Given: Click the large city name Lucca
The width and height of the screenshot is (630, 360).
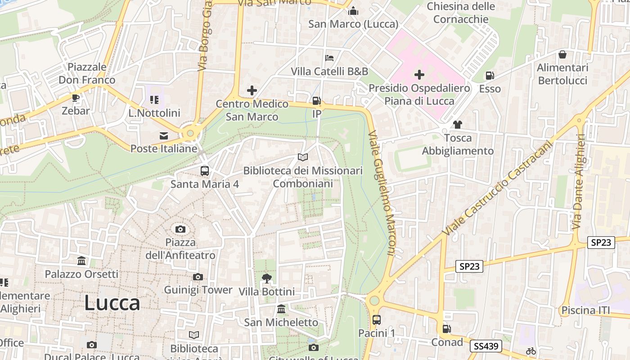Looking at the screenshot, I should coord(112,303).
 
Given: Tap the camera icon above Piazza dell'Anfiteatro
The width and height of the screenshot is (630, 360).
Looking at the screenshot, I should coord(180,229).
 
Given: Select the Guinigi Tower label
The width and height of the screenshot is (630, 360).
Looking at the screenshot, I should coord(198,290).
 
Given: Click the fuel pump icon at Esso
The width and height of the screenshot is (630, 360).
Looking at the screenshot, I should coord(490,76).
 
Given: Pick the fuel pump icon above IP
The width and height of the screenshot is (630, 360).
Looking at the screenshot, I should coord(317,101).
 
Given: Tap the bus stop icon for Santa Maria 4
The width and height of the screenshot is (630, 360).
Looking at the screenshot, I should coord(205,171).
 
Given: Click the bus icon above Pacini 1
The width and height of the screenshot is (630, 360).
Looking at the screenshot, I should coord(377,320).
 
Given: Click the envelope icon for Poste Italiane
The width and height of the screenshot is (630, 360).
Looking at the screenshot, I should coord(164,135).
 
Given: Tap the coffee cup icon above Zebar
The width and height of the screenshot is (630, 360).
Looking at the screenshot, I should coord(76,98).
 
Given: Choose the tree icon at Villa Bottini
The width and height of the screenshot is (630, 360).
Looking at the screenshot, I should coord(267,279).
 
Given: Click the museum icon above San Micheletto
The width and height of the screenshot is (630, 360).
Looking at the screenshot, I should coord(281,309).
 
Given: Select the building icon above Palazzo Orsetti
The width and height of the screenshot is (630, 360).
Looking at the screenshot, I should coord(81,261).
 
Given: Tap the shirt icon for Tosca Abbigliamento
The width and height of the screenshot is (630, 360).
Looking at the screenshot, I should coord(458,125).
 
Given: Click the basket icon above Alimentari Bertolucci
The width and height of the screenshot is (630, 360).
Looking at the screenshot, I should coord(562,55).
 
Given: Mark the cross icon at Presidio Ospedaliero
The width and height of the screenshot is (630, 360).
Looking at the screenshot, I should coord(419,75).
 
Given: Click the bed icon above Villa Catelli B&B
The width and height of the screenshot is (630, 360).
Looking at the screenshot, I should coord(329,58).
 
